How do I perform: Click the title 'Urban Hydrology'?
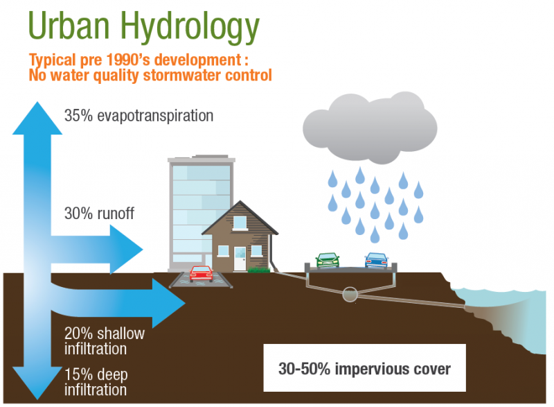point(144,26)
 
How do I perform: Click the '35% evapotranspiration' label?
point(138,116)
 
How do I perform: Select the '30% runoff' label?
point(99,214)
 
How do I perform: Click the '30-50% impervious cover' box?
point(364,369)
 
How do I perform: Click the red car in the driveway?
point(201,273)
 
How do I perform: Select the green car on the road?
point(327,260)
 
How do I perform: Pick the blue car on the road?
point(376,260)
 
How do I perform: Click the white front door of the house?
point(240,259)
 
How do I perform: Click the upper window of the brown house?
point(240,223)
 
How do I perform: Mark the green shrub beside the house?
point(258,270)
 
